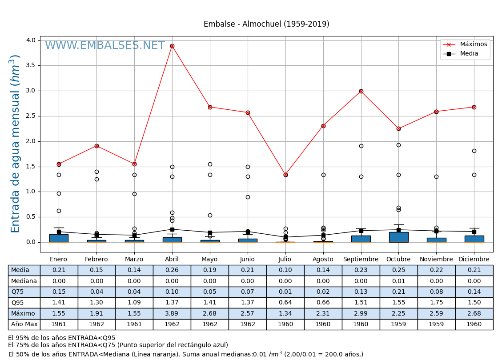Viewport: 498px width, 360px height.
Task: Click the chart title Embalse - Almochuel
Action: pos(266,24)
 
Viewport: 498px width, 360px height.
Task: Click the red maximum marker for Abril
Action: pos(172,46)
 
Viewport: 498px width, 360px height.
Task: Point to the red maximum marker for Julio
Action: pos(285,175)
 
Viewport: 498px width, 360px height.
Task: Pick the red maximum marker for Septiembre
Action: pos(361,91)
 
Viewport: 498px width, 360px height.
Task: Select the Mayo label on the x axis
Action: pos(209,260)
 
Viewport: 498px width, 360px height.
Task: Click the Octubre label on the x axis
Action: pos(398,260)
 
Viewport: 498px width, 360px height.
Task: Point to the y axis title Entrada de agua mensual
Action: pos(16,144)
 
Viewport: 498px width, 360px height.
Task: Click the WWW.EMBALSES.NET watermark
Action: pos(105,46)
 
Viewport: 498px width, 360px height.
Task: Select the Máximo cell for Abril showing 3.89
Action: pos(172,314)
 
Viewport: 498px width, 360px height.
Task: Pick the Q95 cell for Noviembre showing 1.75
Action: pos(436,303)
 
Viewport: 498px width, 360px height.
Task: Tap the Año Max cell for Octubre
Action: pos(398,324)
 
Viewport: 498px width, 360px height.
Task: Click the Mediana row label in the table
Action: pos(24,281)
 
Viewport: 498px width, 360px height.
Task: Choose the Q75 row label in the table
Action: pos(24,292)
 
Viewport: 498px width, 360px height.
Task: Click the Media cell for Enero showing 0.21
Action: pos(59,270)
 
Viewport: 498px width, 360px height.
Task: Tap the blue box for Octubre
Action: pos(398,237)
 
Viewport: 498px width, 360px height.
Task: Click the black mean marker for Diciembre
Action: pos(474,232)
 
